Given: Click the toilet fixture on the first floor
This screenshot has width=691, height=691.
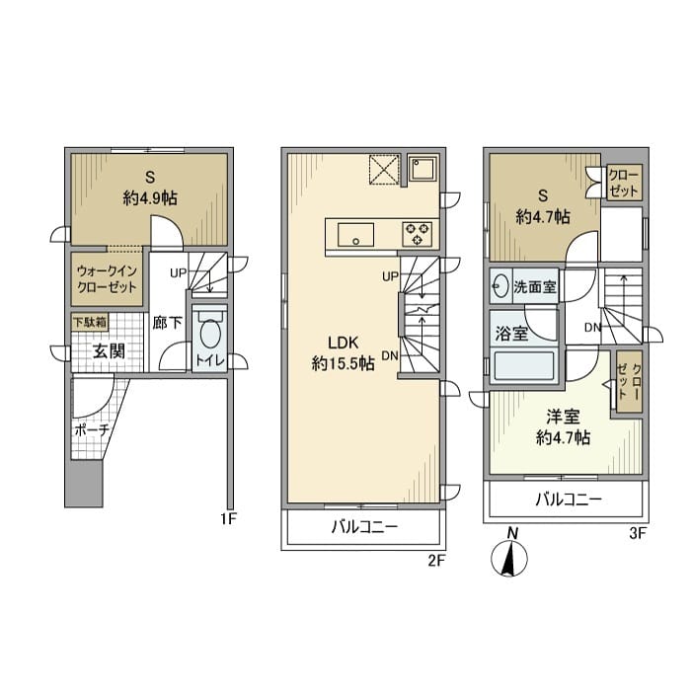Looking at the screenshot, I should (209, 336).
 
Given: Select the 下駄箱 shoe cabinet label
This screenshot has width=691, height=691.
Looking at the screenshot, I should (90, 322).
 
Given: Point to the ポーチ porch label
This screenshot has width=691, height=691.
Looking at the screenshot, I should (91, 431).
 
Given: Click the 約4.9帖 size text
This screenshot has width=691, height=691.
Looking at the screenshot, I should (150, 197).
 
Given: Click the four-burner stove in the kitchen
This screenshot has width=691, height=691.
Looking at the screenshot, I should (416, 234).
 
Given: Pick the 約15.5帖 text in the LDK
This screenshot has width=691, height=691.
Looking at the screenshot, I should (343, 363).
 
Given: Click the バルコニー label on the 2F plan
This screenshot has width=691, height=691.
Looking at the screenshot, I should (364, 527).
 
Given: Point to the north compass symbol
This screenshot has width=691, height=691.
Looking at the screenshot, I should (510, 560).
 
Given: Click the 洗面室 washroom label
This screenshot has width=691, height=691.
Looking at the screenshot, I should (534, 287).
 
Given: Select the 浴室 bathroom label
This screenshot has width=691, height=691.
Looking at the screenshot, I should (511, 334).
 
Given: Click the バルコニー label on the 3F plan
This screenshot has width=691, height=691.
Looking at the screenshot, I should (568, 499).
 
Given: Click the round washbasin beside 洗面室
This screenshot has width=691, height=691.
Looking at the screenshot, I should (499, 287).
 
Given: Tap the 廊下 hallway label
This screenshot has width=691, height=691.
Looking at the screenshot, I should (165, 322).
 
